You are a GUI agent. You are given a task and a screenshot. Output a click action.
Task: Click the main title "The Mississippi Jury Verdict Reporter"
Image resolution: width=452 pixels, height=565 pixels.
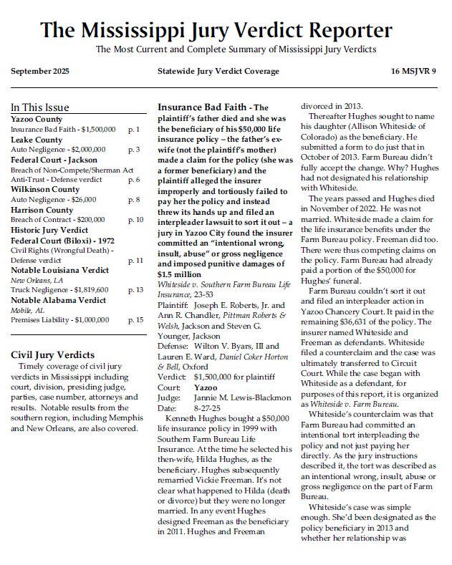pyautogui.click(x=216, y=30)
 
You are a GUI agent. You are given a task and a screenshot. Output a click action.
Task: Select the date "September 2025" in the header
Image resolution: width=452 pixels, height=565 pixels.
pyautogui.click(x=40, y=72)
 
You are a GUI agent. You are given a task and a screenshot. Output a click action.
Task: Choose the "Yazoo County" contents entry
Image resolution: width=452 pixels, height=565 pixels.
pyautogui.click(x=37, y=119)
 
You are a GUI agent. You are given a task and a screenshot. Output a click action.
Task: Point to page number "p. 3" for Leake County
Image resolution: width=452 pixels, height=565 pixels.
pyautogui.click(x=134, y=150)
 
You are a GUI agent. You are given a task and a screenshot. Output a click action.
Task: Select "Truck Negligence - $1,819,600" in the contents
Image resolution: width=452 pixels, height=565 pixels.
pyautogui.click(x=59, y=290)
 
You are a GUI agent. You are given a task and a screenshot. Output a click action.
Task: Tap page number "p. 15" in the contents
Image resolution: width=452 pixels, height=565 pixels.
pyautogui.click(x=135, y=320)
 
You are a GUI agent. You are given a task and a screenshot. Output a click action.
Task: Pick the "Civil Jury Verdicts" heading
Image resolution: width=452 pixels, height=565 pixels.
pyautogui.click(x=52, y=354)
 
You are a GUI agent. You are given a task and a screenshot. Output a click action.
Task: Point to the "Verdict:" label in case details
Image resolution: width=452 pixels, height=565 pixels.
pyautogui.click(x=171, y=375)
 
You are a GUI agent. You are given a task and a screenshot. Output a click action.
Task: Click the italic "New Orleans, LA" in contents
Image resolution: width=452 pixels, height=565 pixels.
pyautogui.click(x=37, y=280)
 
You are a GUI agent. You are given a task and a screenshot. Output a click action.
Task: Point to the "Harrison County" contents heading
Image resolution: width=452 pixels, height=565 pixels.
pyautogui.click(x=42, y=210)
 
